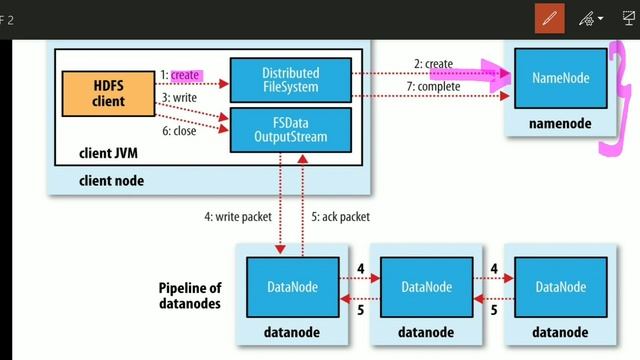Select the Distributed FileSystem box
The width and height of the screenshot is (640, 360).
coord(290,79)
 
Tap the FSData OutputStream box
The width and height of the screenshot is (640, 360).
coord(290,129)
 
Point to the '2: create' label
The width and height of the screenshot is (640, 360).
coord(433,64)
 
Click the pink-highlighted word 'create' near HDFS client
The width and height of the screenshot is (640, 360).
coord(185,74)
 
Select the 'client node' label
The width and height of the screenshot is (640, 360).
coord(111,180)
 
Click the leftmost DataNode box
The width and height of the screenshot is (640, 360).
coord(292,287)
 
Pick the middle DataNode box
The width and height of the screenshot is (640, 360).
coord(426,287)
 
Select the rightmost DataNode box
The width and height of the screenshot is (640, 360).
coord(560,287)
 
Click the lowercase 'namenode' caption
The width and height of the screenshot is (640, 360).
coord(560,123)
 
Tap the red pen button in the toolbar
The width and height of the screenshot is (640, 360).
coord(549,19)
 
